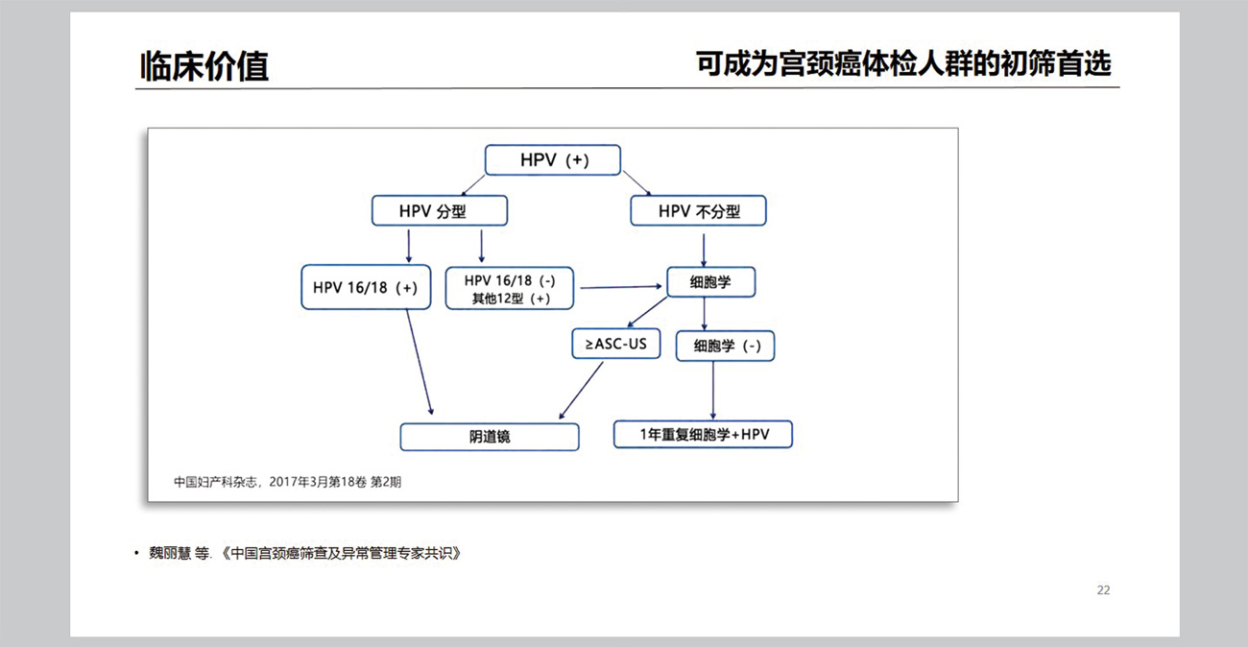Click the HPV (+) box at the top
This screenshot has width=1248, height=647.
[x=552, y=160]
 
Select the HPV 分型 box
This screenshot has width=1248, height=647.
[x=439, y=211]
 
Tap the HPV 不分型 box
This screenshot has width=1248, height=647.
[x=698, y=211]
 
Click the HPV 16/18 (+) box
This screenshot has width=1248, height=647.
[x=365, y=287]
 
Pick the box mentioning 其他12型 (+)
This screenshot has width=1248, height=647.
[x=509, y=288]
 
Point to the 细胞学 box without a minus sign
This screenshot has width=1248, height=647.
[x=710, y=282]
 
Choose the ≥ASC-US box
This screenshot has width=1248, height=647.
[x=615, y=344]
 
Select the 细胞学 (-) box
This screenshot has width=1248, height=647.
[x=725, y=346]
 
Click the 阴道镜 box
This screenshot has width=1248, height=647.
[x=490, y=437]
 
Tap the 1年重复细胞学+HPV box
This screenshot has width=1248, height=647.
[x=703, y=435]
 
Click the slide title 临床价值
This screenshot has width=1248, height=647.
[x=204, y=65]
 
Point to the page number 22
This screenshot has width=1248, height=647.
[x=1103, y=590]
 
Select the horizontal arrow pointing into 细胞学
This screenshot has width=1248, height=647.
[x=621, y=286]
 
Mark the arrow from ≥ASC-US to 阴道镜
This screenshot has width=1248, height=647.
[x=582, y=390]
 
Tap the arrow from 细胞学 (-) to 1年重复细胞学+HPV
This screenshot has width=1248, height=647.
[x=712, y=390]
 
